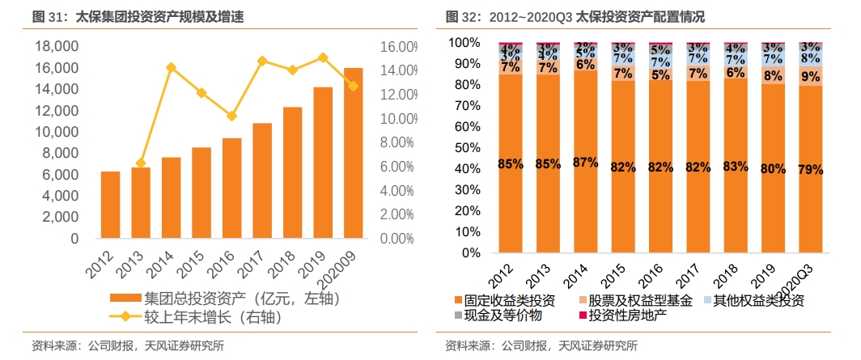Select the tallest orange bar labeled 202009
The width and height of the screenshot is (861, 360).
pyautogui.click(x=353, y=154)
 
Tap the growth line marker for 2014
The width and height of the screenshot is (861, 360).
pyautogui.click(x=171, y=67)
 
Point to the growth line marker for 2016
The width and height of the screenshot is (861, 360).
pyautogui.click(x=231, y=116)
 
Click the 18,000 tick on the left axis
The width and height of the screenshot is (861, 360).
pyautogui.click(x=57, y=47)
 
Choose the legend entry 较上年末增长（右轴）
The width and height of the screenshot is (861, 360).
pyautogui.click(x=212, y=317)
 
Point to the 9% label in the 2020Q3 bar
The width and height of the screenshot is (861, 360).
pyautogui.click(x=809, y=77)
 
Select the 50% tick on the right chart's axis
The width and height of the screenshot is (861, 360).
pyautogui.click(x=469, y=148)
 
